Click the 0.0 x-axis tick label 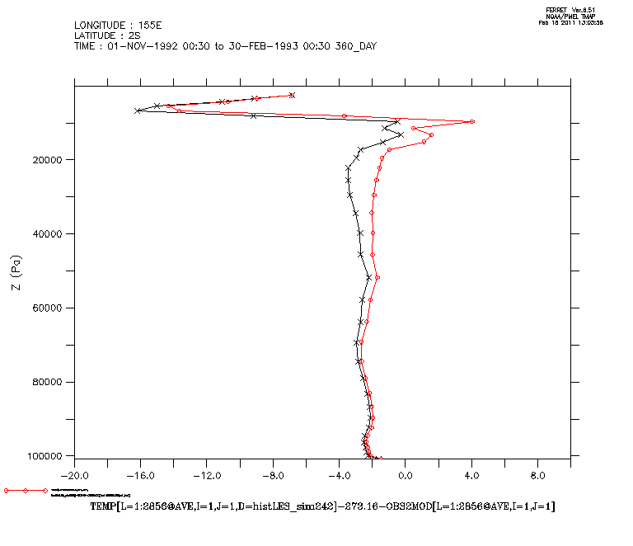(406, 476)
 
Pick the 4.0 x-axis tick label (471, 476)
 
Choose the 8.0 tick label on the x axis (537, 476)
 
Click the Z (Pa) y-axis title (16, 271)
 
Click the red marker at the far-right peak (471, 121)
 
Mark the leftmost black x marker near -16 (138, 111)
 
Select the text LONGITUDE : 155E (116, 25)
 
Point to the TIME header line (225, 46)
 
